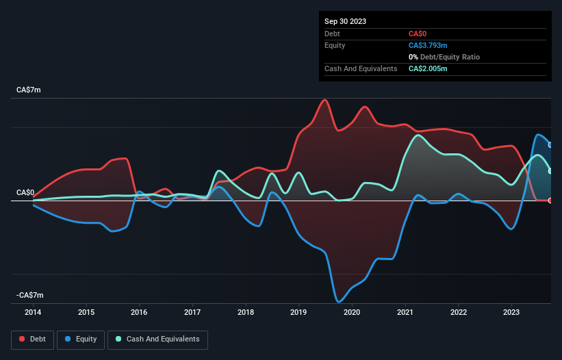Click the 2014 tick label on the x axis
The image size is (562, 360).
pos(33,313)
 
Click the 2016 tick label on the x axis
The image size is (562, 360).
pos(139,313)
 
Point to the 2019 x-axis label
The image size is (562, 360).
pos(298,313)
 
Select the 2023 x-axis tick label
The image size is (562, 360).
pos(511,313)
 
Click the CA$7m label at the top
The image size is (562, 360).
pos(29,90)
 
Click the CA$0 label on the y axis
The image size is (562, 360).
pos(27,192)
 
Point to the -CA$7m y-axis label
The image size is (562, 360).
pos(31,295)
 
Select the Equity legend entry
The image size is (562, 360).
pos(80,339)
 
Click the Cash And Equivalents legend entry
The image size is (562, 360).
pos(157,339)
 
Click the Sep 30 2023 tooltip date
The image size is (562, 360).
pos(346,21)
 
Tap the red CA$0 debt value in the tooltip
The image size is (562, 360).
pos(419,34)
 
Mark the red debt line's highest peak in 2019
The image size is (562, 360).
pos(325,100)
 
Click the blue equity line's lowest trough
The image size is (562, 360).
pos(338,301)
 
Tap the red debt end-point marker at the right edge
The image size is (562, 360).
pos(550,201)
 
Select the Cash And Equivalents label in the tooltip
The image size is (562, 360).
pos(361,68)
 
